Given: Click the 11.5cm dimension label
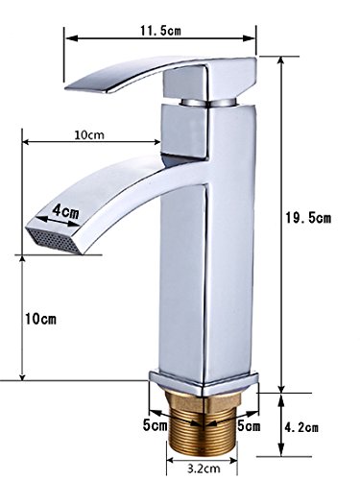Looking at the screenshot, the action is [160, 31].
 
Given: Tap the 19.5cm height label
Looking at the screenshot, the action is [308, 218].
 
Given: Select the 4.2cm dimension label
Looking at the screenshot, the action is [301, 427].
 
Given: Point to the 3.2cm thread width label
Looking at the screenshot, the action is [204, 468].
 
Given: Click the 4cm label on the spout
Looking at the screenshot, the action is [65, 211].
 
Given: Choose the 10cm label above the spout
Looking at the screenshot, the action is [89, 134].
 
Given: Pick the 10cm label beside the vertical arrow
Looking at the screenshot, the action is [40, 319].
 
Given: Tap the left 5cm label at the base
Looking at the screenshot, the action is [155, 425].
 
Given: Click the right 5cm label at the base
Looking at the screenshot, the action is [249, 426].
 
